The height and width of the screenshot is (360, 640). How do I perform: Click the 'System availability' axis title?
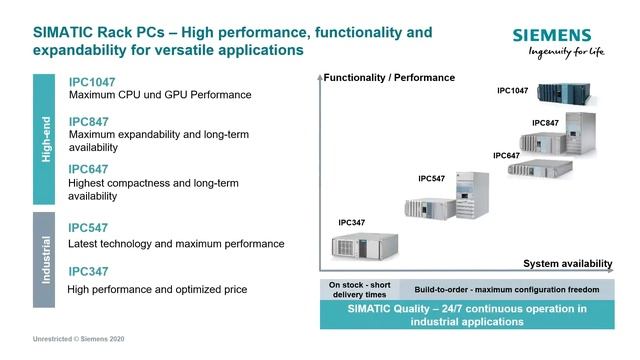pos(567,263)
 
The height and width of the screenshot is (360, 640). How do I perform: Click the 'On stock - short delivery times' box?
pos(359,289)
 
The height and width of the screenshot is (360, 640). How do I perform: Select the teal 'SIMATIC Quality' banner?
pos(468,315)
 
